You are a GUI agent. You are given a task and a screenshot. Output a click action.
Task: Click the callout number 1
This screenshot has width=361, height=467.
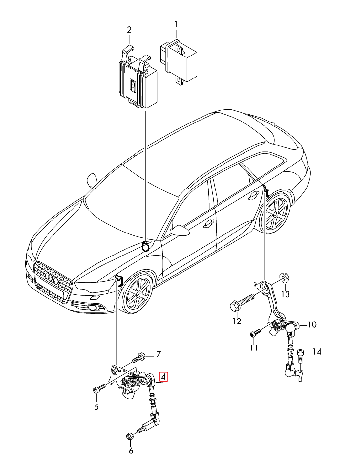tap(176, 24)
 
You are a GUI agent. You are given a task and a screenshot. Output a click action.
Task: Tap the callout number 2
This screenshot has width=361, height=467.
tap(129, 30)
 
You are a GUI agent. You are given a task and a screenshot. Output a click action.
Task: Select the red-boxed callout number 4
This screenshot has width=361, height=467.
tap(163, 377)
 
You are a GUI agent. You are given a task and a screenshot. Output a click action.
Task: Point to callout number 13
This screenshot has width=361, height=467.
tap(286, 294)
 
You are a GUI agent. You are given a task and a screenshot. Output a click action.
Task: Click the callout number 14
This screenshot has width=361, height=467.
tap(317, 352)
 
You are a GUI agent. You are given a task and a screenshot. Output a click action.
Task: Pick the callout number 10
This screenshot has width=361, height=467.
tap(312, 325)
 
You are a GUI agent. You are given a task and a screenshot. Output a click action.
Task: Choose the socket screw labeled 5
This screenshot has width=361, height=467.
tap(98, 389)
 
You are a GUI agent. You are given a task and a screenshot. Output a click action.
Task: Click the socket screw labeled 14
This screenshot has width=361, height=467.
tap(300, 356)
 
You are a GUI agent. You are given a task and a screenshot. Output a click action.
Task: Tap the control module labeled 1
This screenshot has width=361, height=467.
tap(179, 62)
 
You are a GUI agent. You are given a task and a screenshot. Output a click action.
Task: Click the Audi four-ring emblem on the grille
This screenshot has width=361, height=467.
tap(52, 278)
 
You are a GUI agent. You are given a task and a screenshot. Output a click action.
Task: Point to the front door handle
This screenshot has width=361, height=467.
tap(208, 225)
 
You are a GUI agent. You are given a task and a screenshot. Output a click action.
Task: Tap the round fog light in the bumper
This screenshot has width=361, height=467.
tap(93, 307)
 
